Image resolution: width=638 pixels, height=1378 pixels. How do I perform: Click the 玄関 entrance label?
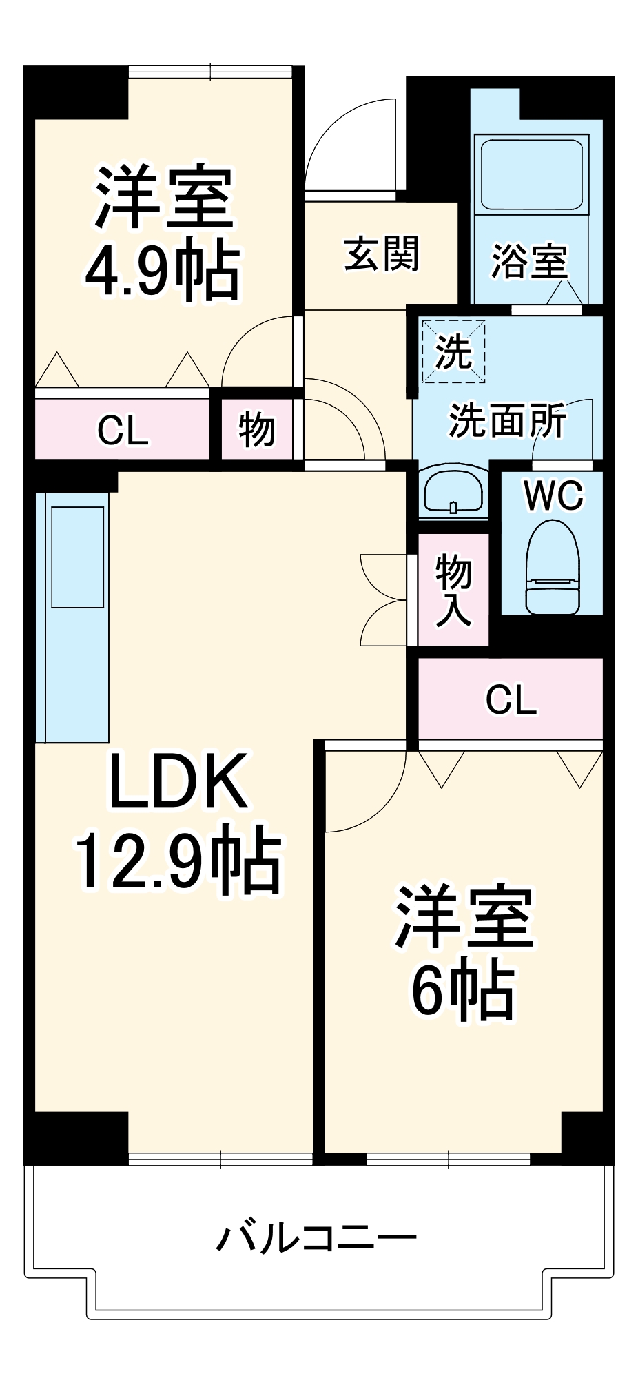pos(381,254)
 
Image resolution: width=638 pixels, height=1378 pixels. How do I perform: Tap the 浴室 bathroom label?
pos(529,262)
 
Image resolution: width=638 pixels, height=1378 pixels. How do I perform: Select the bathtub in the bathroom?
pos(531,174)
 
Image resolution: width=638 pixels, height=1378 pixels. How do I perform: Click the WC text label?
pos(553,495)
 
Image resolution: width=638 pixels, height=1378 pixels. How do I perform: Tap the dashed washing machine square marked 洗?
pos(453,351)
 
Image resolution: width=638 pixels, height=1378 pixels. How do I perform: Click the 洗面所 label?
pos(508,420)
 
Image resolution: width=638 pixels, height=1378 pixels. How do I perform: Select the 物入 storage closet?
pos(453,590)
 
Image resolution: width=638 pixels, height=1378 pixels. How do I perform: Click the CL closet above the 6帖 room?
pos(511,699)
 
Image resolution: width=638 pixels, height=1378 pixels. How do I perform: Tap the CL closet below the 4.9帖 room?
pos(123,431)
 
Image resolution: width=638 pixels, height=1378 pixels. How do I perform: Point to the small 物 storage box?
pos(257,431)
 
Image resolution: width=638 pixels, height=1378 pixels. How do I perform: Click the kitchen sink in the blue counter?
pos(77,557)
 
